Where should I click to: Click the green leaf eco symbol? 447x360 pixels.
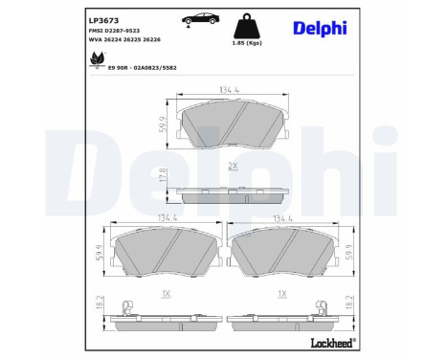click(x=96, y=59)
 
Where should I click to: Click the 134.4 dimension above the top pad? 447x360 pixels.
click(x=230, y=92)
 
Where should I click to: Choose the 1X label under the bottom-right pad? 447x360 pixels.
click(x=282, y=293)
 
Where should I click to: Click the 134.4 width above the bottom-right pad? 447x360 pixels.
click(x=283, y=219)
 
